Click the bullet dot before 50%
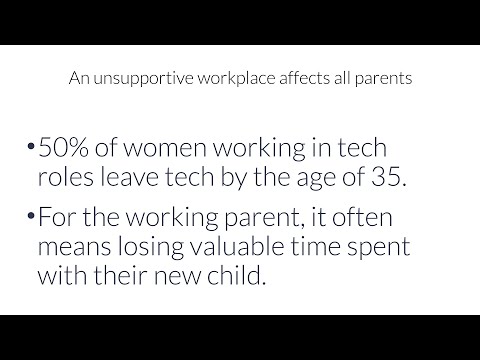(x=32, y=150)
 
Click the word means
(x=79, y=248)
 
